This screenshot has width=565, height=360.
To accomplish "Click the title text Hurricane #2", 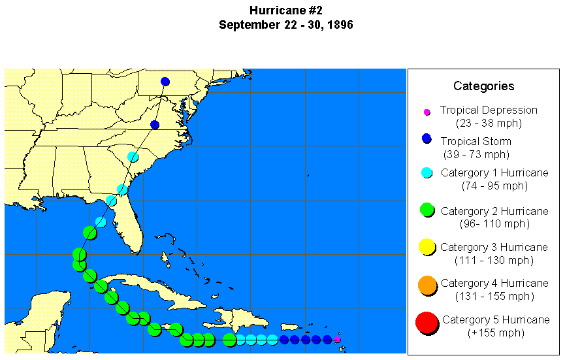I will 286,10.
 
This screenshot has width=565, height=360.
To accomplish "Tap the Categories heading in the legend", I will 483,86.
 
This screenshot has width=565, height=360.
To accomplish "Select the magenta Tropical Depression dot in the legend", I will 427,112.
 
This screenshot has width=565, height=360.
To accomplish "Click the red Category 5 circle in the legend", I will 426,323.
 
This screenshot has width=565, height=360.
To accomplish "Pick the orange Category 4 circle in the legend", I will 427,286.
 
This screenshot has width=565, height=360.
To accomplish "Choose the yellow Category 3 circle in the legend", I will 427,247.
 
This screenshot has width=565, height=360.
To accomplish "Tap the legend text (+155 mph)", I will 494,333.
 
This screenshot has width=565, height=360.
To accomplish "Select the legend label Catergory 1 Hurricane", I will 494,172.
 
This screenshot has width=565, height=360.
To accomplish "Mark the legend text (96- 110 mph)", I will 494,223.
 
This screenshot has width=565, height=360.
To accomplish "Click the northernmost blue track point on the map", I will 165,82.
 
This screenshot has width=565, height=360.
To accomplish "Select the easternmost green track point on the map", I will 229,340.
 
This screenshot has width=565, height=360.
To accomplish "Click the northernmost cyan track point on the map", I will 133,157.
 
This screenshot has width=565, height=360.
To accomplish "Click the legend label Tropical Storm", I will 476,141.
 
